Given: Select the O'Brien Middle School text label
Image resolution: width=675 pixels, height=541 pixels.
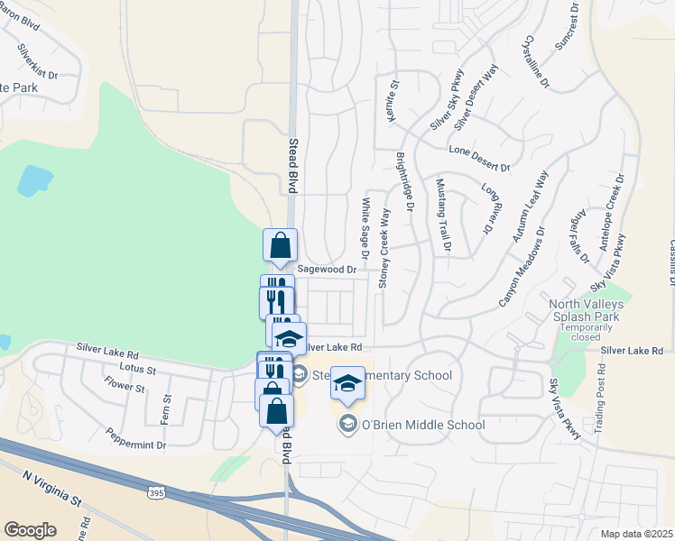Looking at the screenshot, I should tap(423, 425).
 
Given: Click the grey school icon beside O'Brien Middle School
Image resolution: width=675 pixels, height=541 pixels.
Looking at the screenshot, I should tap(347, 425).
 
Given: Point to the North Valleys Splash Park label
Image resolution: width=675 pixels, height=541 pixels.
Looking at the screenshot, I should tap(591, 310).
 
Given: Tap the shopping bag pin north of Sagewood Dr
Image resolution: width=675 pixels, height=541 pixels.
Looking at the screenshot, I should tap(280, 245).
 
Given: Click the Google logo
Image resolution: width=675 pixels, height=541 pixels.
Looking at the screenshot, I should tap(30, 529).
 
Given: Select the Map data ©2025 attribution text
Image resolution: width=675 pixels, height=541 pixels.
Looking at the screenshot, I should tap(636, 534).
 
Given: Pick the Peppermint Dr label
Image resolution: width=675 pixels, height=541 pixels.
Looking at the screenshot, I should tap(136, 445).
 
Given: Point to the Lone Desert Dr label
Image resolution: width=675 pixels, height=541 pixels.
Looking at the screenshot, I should tap(479, 159).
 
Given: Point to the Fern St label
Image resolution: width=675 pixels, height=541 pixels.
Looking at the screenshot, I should tap(166, 409).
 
